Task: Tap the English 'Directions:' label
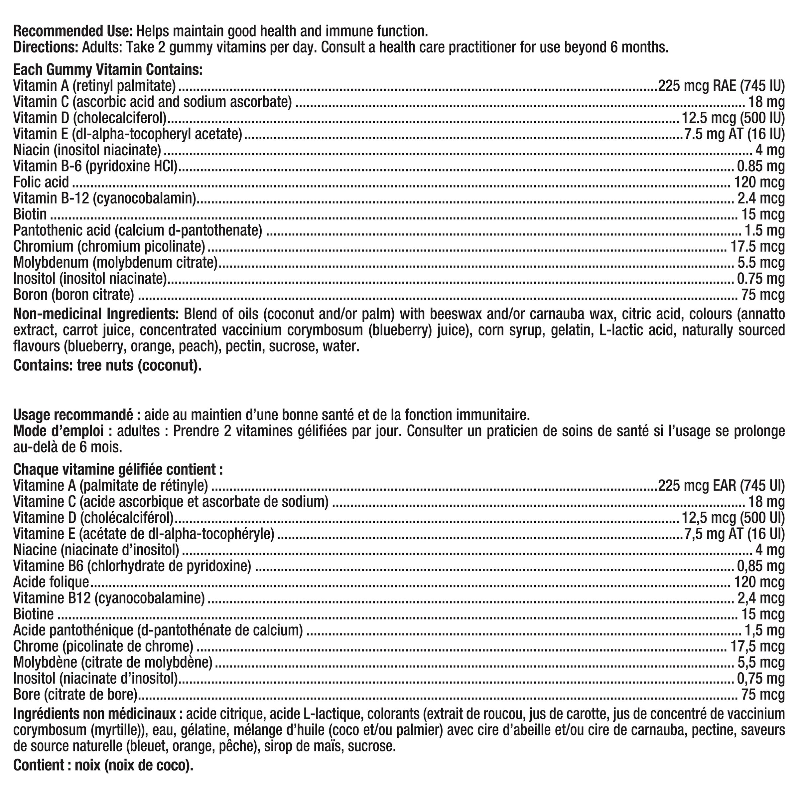[x=46, y=48]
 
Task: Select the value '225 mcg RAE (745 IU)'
[x=721, y=86]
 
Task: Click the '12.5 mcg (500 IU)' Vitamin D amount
[x=732, y=118]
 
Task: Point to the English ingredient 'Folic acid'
[x=41, y=182]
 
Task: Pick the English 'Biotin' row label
[x=30, y=214]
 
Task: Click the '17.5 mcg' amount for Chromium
[x=757, y=247]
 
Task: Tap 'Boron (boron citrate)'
[x=73, y=295]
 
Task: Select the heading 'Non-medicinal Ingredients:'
[x=96, y=314]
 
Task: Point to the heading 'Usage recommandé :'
[x=73, y=414]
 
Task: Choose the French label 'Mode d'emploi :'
[x=63, y=431]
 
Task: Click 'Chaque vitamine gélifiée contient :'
[x=118, y=469]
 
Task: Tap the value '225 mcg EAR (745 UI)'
[x=721, y=486]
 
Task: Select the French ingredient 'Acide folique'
[x=51, y=582]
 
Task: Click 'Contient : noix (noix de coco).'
[x=103, y=765]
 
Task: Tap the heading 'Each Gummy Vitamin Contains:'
[x=108, y=70]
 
